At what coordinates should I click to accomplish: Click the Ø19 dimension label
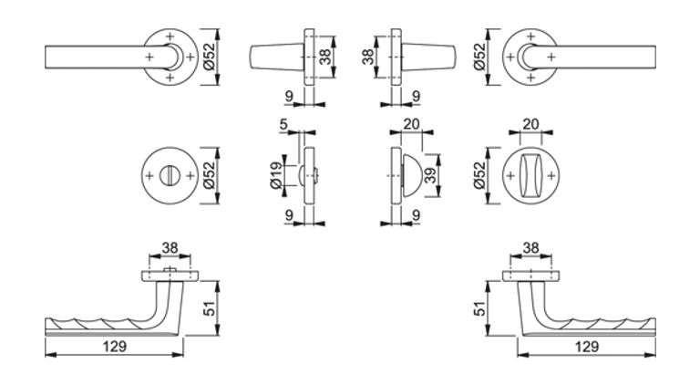click(x=276, y=174)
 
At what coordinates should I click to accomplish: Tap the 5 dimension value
click(x=283, y=124)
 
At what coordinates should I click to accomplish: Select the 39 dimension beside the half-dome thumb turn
click(x=430, y=174)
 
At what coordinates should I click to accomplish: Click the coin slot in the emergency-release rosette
click(x=170, y=175)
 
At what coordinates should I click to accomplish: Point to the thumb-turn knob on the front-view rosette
click(x=530, y=175)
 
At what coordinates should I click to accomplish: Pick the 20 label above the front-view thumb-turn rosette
click(x=530, y=124)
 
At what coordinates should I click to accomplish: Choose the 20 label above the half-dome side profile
click(x=411, y=124)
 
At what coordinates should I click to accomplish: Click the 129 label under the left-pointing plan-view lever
click(x=115, y=346)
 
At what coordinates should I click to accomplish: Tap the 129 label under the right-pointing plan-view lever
click(x=587, y=346)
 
